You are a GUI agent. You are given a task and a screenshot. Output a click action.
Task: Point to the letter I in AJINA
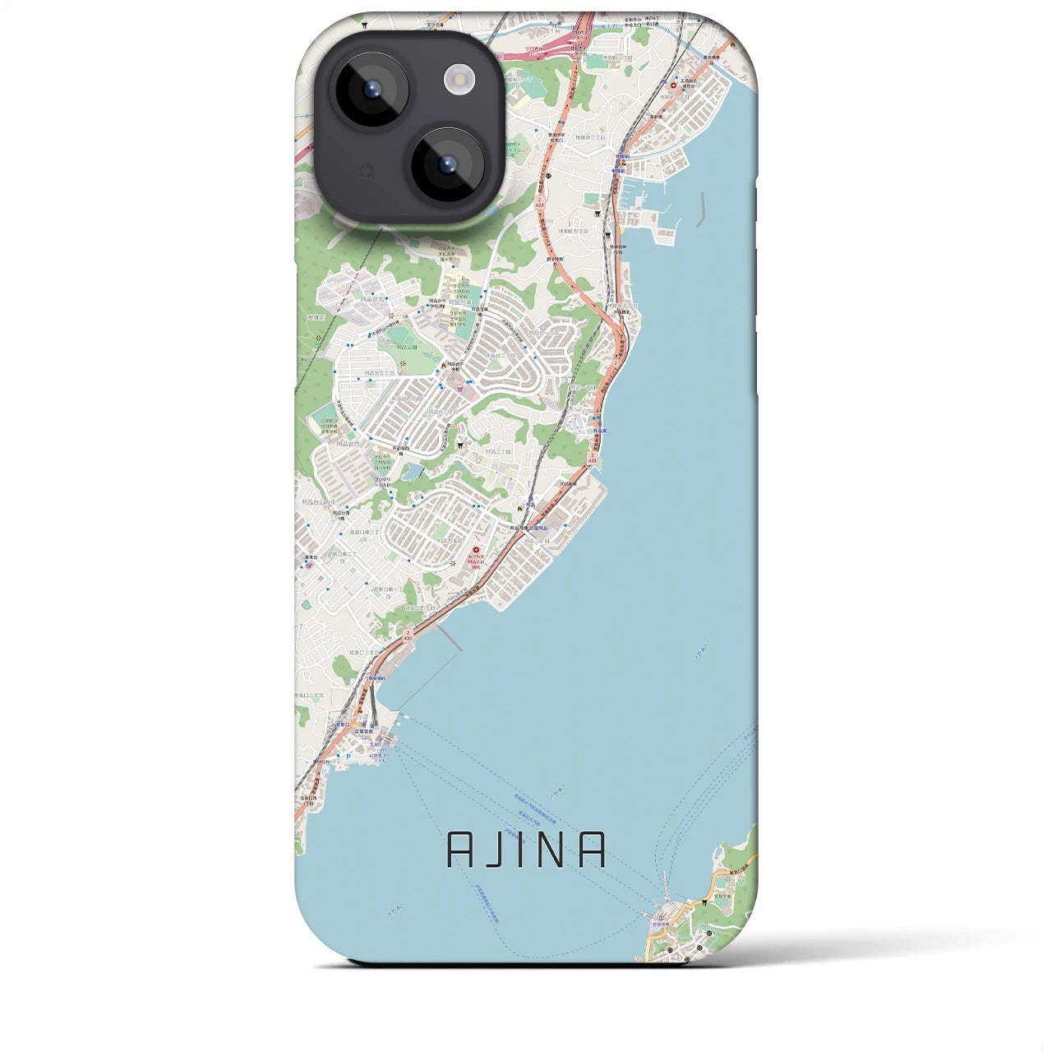click(x=524, y=850)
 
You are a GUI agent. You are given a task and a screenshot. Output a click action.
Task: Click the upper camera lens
click(x=371, y=89)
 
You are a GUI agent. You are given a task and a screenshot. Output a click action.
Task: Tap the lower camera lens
click(x=449, y=164)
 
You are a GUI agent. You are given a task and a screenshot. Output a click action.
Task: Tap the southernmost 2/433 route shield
click(x=408, y=635)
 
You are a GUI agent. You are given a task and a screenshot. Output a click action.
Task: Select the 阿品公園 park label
click(x=407, y=348)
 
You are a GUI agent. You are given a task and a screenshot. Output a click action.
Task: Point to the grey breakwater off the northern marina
click(x=700, y=210)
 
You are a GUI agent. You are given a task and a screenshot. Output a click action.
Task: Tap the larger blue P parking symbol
click(x=348, y=757)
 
